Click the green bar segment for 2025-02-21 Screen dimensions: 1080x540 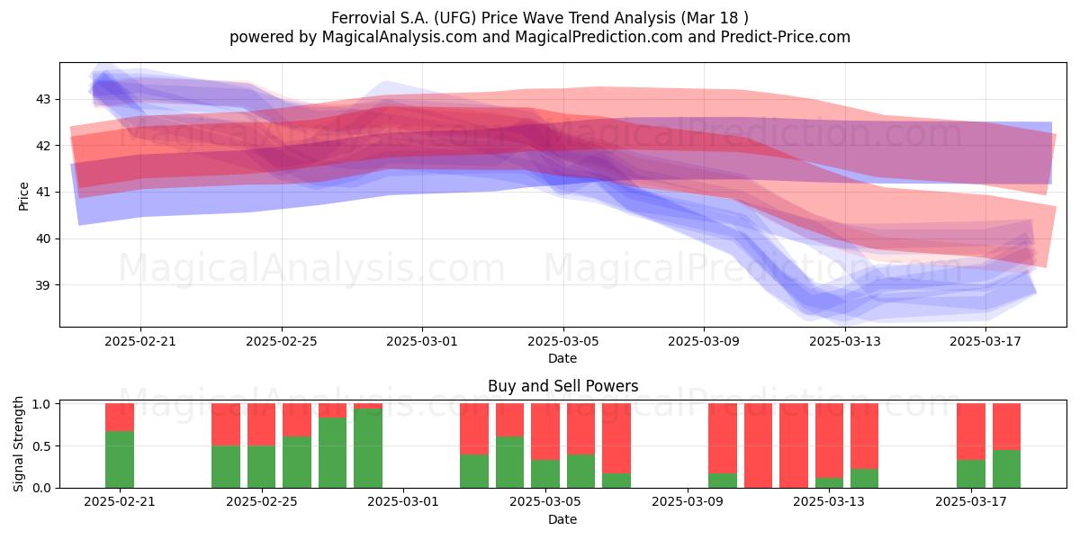click(x=120, y=459)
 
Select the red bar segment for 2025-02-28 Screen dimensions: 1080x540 click(x=368, y=406)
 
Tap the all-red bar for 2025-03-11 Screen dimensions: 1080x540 click(x=758, y=445)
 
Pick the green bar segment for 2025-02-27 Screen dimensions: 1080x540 click(x=332, y=452)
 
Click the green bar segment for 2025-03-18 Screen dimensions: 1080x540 click(x=1006, y=469)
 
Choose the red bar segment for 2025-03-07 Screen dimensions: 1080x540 click(x=616, y=438)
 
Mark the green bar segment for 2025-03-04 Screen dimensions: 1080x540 click(x=509, y=462)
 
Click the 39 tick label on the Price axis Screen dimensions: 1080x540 click(x=43, y=285)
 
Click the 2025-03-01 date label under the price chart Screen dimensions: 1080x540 click(x=422, y=341)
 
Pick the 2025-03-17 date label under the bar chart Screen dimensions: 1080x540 click(x=971, y=502)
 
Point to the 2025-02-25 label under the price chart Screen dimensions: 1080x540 click(x=282, y=341)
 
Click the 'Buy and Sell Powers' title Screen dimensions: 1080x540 click(x=563, y=386)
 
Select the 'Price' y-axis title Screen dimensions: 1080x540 click(x=23, y=196)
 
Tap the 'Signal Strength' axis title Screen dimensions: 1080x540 click(x=18, y=444)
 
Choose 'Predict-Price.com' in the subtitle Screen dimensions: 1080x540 click(x=786, y=37)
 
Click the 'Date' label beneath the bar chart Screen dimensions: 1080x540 click(x=562, y=519)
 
